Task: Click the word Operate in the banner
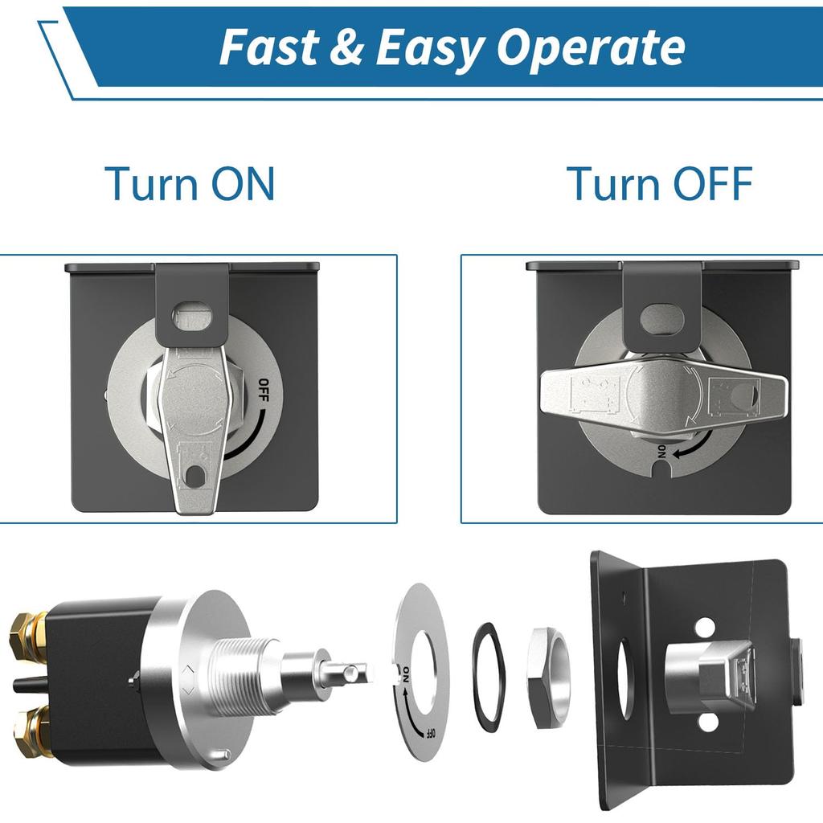591,47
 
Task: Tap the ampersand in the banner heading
346,47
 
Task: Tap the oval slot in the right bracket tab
661,318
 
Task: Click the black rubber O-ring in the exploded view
488,676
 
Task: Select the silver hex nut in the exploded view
548,677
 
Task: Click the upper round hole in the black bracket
704,626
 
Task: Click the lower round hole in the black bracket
707,721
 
